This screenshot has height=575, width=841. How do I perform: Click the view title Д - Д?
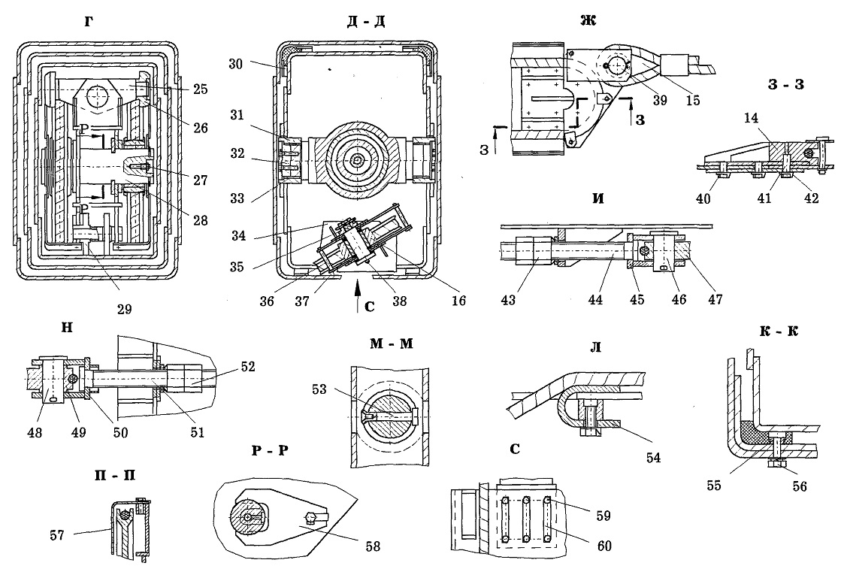pyautogui.click(x=366, y=22)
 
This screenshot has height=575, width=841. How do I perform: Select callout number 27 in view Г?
pyautogui.click(x=201, y=180)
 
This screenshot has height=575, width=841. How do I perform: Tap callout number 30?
pyautogui.click(x=235, y=64)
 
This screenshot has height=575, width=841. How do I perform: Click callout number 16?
pyautogui.click(x=458, y=301)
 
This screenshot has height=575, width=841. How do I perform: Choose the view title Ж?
pyautogui.click(x=588, y=20)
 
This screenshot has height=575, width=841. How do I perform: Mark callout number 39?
pyautogui.click(x=660, y=100)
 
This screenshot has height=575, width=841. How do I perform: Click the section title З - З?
pyautogui.click(x=785, y=84)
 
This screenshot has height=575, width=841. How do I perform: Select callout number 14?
pyautogui.click(x=752, y=118)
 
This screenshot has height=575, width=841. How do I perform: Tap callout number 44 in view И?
pyautogui.click(x=595, y=299)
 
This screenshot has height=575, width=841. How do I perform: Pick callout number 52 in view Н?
pyautogui.click(x=248, y=367)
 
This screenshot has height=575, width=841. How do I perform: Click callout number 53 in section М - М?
pyautogui.click(x=319, y=389)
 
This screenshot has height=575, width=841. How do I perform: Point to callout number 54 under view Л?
pyautogui.click(x=653, y=458)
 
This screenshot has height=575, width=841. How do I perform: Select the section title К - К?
pyautogui.click(x=779, y=331)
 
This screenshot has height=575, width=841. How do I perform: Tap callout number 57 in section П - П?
pyautogui.click(x=57, y=534)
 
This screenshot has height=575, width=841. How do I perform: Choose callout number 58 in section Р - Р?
pyautogui.click(x=373, y=546)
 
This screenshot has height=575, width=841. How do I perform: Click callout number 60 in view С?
pyautogui.click(x=604, y=546)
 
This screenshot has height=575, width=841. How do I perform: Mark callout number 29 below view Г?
pyautogui.click(x=125, y=309)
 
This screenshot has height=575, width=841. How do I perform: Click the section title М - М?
pyautogui.click(x=392, y=343)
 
